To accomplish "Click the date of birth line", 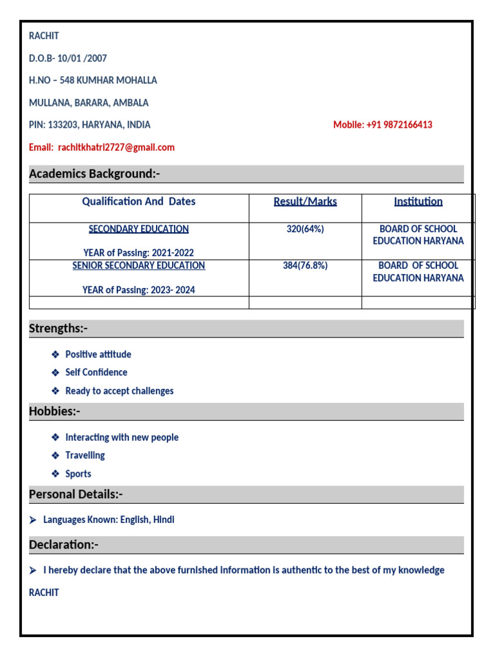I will click(x=68, y=58).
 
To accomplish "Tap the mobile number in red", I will click(x=383, y=124).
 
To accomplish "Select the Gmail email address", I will click(x=116, y=147).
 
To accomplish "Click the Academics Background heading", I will click(x=94, y=174).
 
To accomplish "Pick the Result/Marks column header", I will click(x=305, y=201).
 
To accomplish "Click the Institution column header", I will click(x=418, y=201).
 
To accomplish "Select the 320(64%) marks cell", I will click(x=305, y=229).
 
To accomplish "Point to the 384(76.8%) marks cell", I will click(x=305, y=266).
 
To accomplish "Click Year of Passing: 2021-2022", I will click(x=139, y=253).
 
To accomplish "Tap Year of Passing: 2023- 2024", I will click(x=139, y=290).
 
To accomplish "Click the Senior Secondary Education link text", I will click(x=139, y=266).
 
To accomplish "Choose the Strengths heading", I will click(x=58, y=328).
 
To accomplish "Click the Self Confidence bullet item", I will click(x=96, y=372).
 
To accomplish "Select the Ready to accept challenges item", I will click(x=119, y=391).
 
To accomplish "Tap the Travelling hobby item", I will click(x=85, y=455).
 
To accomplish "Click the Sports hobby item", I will click(x=78, y=474).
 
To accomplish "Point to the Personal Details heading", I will click(x=76, y=494).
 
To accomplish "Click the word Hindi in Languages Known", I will click(x=163, y=520).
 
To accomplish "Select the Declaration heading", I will click(x=64, y=545).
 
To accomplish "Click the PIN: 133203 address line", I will click(x=90, y=124).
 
